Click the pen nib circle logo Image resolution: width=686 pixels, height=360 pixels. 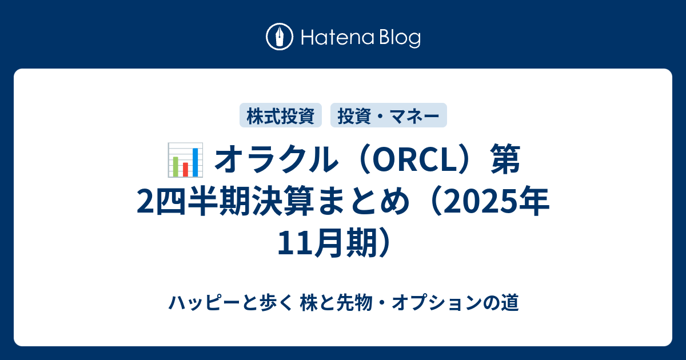(x=280, y=37)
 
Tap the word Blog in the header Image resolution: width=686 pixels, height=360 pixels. (x=400, y=38)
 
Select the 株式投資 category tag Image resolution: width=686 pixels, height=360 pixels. (x=281, y=115)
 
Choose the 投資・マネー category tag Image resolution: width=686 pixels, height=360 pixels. (x=389, y=115)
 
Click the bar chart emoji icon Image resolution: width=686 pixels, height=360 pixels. (x=185, y=160)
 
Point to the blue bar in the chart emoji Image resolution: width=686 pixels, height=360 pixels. (x=195, y=162)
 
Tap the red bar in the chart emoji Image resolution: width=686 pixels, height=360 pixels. (x=185, y=169)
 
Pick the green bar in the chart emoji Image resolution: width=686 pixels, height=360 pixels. (x=176, y=166)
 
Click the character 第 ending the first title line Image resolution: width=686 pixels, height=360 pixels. (x=505, y=160)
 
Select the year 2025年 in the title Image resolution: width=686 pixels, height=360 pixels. (x=496, y=202)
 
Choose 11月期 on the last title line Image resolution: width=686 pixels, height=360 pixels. (x=327, y=243)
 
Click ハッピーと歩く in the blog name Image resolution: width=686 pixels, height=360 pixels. (x=230, y=302)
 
